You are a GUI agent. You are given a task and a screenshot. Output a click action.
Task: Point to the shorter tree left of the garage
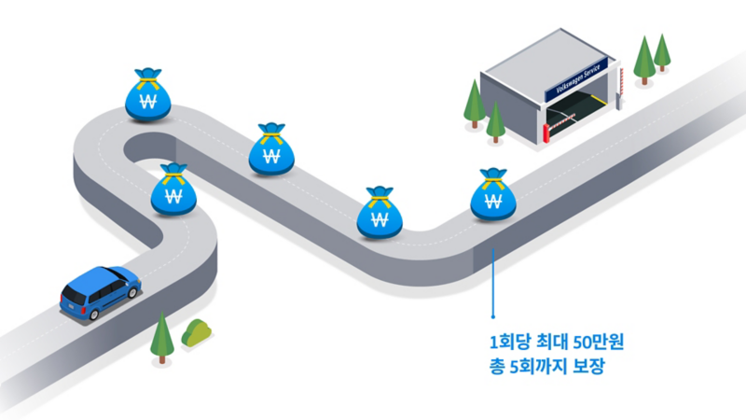[495, 119]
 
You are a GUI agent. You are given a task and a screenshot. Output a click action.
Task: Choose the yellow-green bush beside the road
[197, 331]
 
